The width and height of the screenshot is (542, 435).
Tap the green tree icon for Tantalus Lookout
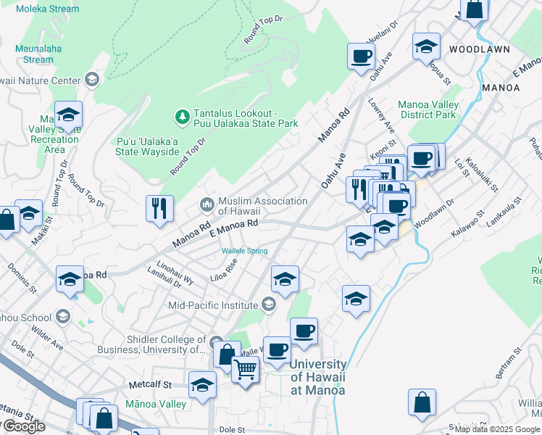(182, 116)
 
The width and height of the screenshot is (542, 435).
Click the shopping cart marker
(246, 370)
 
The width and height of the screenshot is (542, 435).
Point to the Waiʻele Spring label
(244, 251)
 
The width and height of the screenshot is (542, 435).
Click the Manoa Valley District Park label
(428, 109)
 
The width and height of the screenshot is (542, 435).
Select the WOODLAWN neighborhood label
(479, 49)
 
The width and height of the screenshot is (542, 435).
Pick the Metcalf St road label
(147, 385)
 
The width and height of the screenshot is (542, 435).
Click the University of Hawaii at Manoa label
(318, 377)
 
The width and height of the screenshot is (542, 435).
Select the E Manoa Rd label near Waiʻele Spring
(233, 228)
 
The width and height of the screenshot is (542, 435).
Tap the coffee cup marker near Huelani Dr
(361, 56)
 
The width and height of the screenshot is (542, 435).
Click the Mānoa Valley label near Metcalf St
(156, 404)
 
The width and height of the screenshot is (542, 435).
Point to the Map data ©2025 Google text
(498, 429)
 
